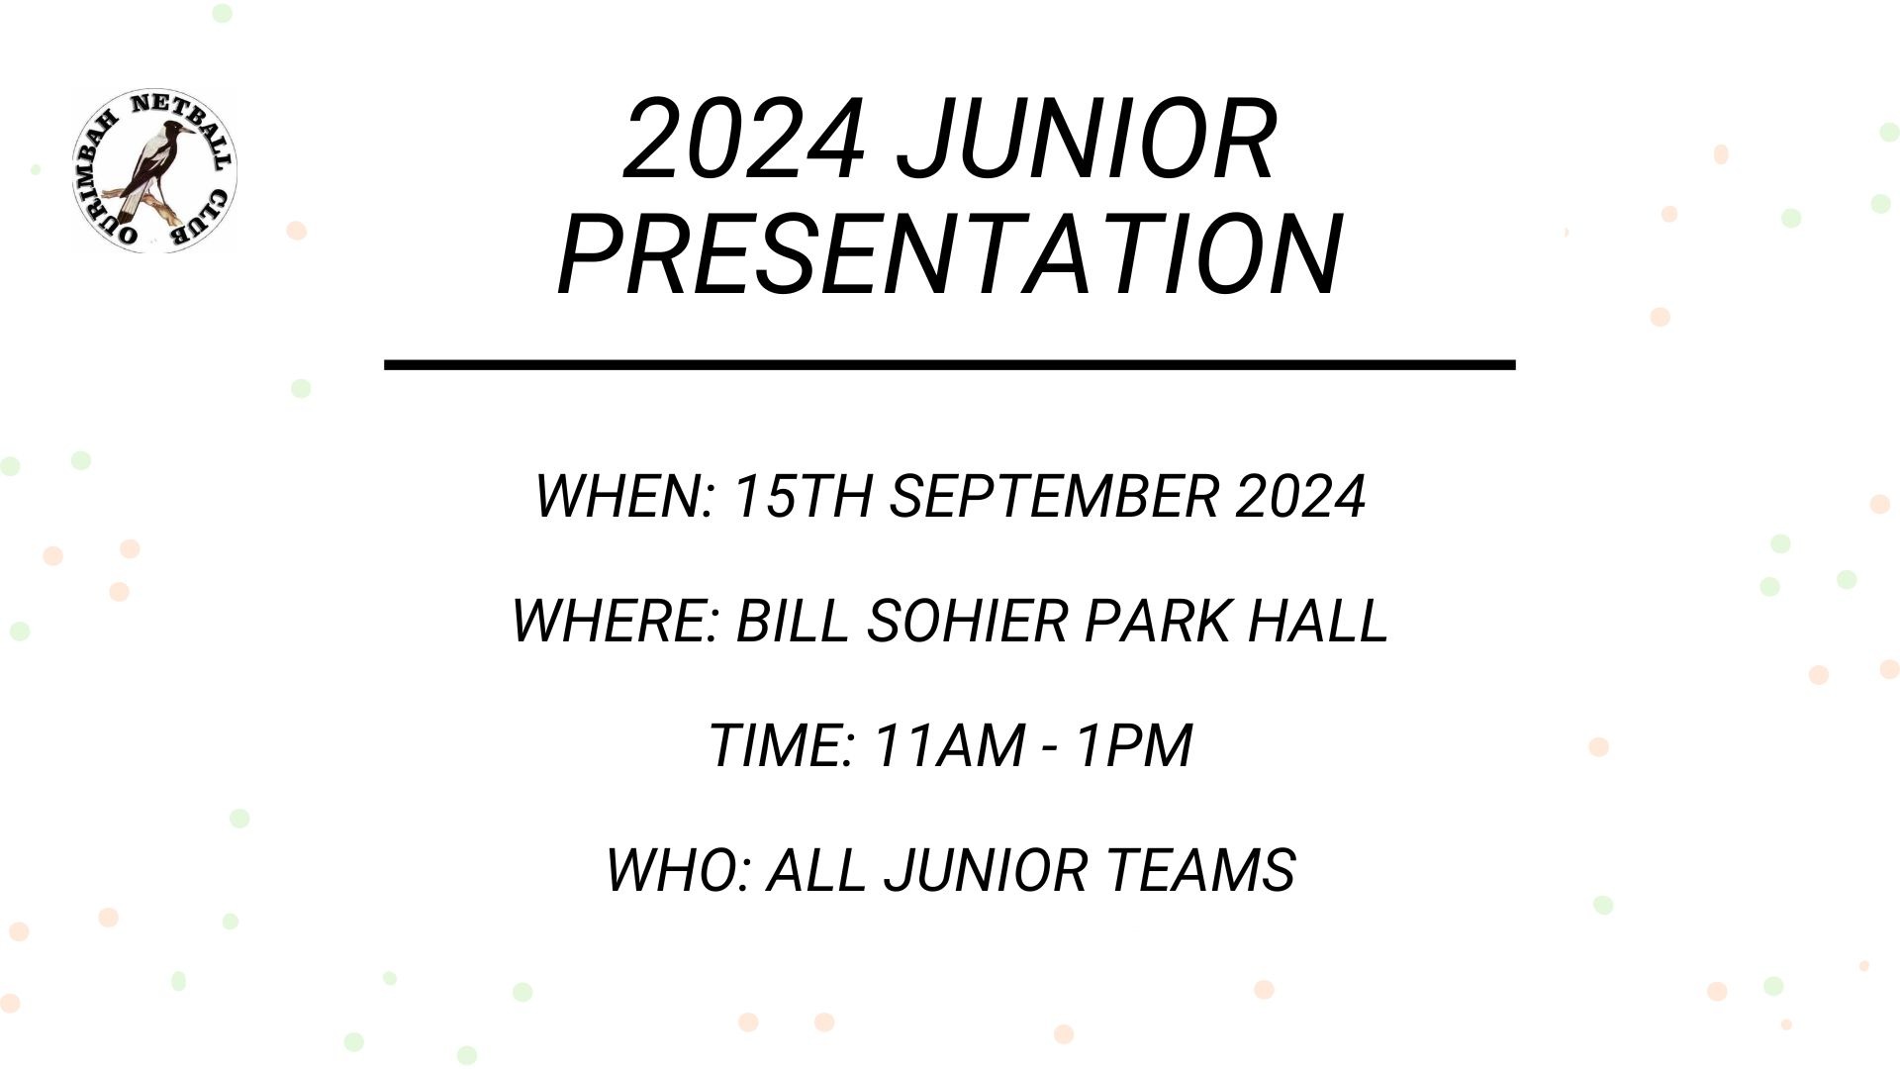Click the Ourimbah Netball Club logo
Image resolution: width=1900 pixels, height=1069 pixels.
153,170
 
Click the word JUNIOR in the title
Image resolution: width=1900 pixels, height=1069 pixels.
1087,140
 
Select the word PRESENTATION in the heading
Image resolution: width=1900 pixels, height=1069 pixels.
950,254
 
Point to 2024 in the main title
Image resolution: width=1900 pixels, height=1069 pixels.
745,140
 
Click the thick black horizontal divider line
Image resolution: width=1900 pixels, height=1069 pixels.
950,365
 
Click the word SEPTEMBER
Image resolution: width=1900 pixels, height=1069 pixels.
1053,496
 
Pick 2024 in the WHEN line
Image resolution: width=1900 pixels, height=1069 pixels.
1300,496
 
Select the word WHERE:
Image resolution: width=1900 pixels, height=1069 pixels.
614,622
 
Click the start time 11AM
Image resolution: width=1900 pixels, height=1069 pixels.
949,745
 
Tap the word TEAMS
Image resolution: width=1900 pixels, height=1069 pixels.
1201,870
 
